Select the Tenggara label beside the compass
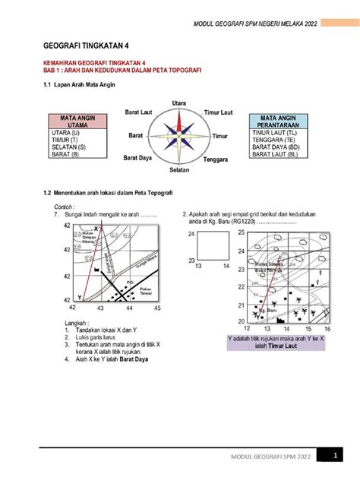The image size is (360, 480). coord(217,161)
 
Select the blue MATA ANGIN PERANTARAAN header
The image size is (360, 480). coord(278,122)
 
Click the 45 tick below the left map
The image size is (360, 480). coord(157,310)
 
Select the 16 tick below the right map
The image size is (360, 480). coord(327,330)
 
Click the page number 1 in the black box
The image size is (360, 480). coord(333,455)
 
